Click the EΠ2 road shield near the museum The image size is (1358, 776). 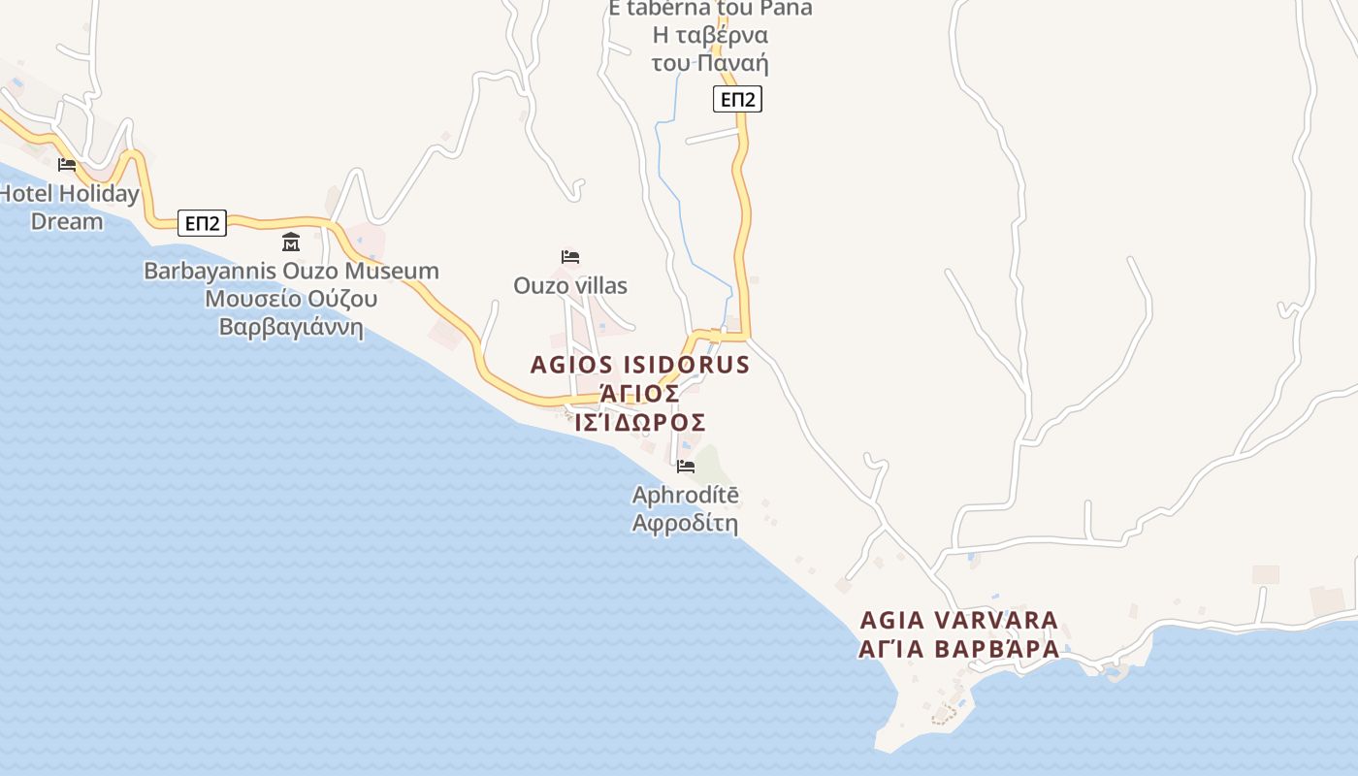click(x=202, y=223)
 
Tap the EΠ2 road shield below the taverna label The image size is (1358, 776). click(x=737, y=99)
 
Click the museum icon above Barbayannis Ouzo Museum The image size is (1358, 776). click(x=290, y=242)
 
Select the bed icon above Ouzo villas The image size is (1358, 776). click(x=570, y=257)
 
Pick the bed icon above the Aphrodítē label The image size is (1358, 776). click(x=686, y=467)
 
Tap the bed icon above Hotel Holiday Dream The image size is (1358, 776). click(x=67, y=165)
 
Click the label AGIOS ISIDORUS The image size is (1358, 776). click(x=640, y=366)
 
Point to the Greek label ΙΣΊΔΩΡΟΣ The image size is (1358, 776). click(x=640, y=423)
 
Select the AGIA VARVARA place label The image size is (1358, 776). click(x=959, y=620)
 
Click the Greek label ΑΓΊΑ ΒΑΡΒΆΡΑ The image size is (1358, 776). click(x=959, y=649)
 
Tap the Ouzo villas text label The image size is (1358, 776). click(x=570, y=286)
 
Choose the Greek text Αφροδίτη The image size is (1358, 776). click(x=685, y=525)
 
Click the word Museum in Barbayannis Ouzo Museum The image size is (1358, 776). click(x=393, y=271)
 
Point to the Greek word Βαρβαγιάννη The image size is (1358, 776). click(x=291, y=327)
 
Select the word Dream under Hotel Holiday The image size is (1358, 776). click(x=67, y=221)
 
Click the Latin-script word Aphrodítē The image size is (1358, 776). click(x=685, y=495)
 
